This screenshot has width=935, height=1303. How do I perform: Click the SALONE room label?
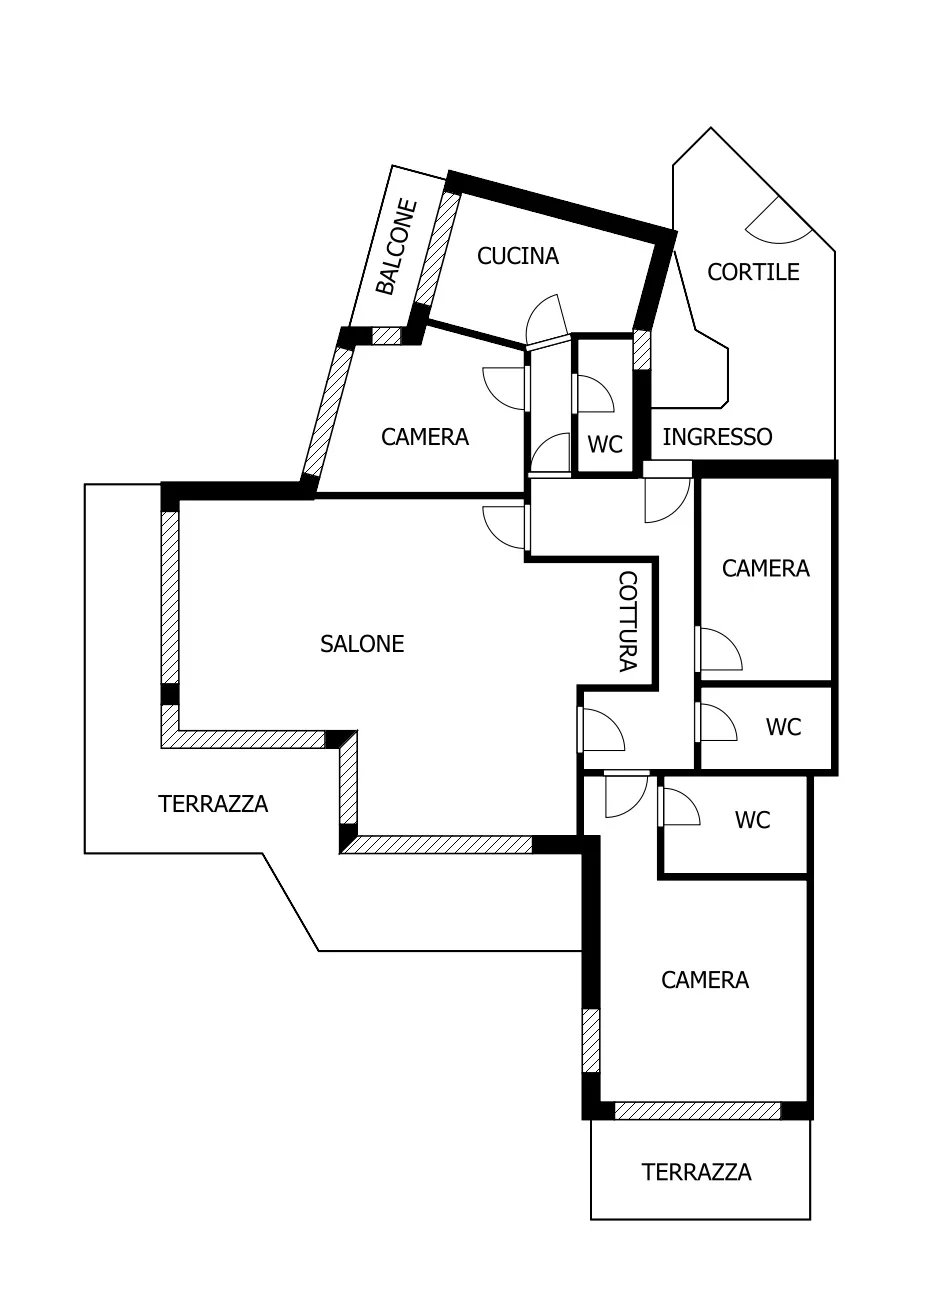click(x=362, y=644)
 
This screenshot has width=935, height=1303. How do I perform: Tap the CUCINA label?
click(x=518, y=256)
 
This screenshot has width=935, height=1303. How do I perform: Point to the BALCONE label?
click(x=396, y=247)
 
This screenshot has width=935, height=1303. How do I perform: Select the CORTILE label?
click(x=753, y=272)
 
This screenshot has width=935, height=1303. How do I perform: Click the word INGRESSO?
click(x=717, y=437)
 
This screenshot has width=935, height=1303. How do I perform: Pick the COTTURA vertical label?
click(x=627, y=621)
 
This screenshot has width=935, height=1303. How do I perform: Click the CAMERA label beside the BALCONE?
click(x=425, y=437)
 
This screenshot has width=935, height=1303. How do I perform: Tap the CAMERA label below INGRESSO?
click(x=766, y=568)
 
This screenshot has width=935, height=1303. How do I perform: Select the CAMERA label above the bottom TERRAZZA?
click(x=705, y=980)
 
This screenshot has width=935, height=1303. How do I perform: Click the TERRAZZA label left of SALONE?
click(x=213, y=804)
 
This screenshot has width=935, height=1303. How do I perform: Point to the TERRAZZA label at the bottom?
click(x=696, y=1172)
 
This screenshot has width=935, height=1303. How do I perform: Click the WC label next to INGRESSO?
click(x=605, y=444)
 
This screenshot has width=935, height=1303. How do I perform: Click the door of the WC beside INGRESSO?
click(x=593, y=394)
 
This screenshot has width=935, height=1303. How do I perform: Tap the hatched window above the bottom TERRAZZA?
click(x=697, y=1110)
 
